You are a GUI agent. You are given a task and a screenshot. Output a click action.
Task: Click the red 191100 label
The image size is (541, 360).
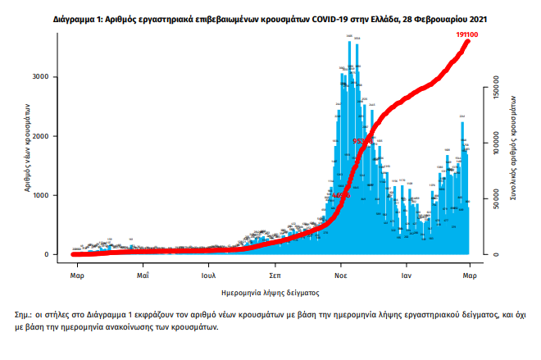coord(469,34)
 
